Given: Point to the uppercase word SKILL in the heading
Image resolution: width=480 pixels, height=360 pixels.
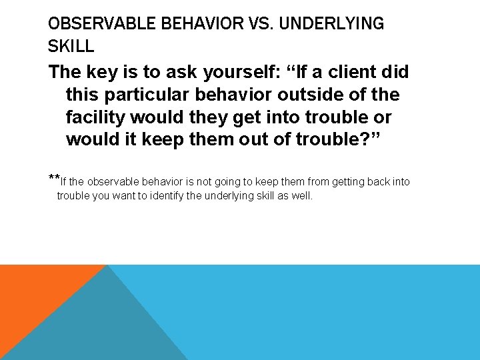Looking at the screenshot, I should tap(71, 47).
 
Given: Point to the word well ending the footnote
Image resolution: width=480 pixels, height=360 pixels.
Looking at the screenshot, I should tap(302, 196).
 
